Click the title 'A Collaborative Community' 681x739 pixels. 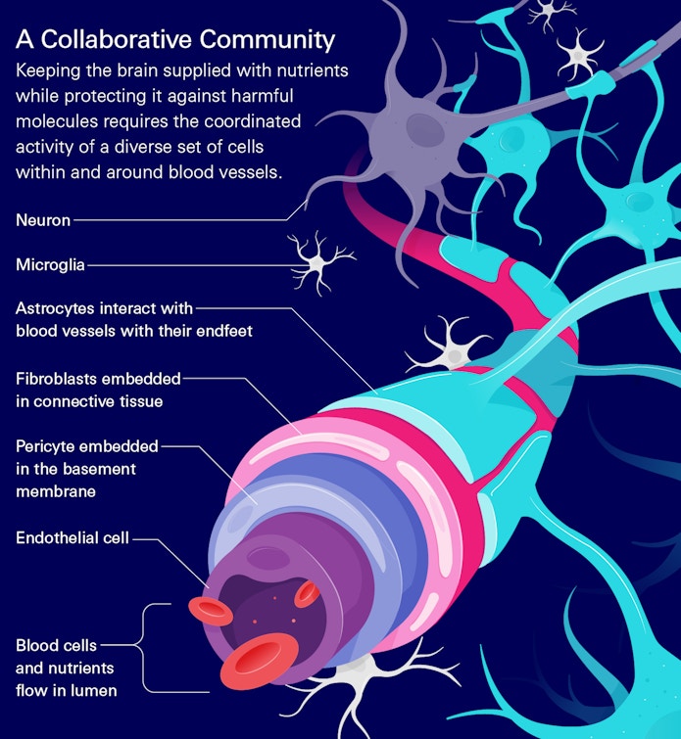click(x=175, y=40)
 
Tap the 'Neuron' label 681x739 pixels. click(x=43, y=220)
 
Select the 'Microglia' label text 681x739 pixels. click(x=50, y=264)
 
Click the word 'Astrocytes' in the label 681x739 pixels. click(x=55, y=308)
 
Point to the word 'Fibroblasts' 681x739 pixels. click(x=58, y=378)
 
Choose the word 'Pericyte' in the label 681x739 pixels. click(x=46, y=446)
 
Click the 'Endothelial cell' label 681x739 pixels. click(x=73, y=537)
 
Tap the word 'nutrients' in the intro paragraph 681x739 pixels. click(x=310, y=72)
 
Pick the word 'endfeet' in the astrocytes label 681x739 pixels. click(x=223, y=331)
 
